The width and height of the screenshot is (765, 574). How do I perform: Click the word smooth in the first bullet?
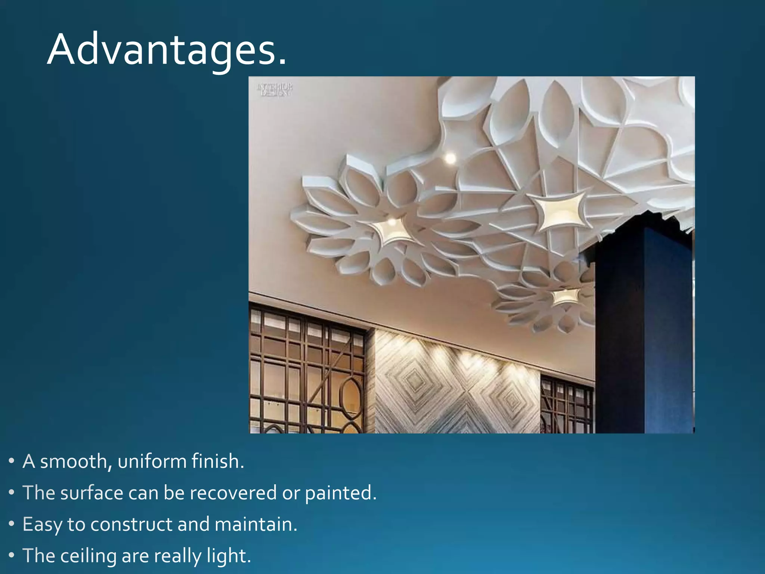point(74,462)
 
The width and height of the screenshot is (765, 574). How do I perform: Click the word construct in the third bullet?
point(131,524)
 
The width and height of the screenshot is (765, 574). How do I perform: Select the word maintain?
point(255,524)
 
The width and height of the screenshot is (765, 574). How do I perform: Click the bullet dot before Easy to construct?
point(12,524)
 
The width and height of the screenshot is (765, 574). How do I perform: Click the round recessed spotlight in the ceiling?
point(450,158)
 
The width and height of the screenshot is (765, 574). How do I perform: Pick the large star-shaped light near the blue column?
point(559,211)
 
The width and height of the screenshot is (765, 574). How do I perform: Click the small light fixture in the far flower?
point(564,297)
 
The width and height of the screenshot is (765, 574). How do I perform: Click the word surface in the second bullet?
point(92,493)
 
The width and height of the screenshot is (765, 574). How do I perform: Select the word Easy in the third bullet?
point(42,524)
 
